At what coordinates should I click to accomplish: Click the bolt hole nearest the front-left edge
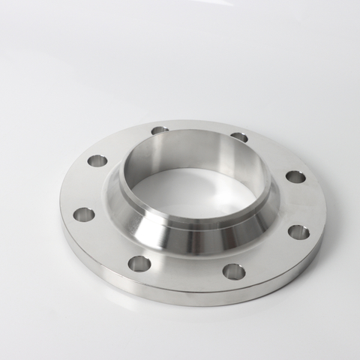pyautogui.click(x=139, y=262)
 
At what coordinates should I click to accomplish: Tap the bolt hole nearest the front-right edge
pyautogui.click(x=233, y=271)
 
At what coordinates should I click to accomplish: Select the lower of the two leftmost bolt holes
pyautogui.click(x=84, y=214)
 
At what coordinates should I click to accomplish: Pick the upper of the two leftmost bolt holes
pyautogui.click(x=97, y=160)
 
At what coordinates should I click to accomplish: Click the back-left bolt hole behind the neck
pyautogui.click(x=159, y=130)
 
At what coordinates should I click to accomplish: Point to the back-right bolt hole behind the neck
pyautogui.click(x=239, y=137)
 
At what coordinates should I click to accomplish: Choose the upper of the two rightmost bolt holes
pyautogui.click(x=295, y=177)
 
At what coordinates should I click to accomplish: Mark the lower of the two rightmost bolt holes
pyautogui.click(x=298, y=232)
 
